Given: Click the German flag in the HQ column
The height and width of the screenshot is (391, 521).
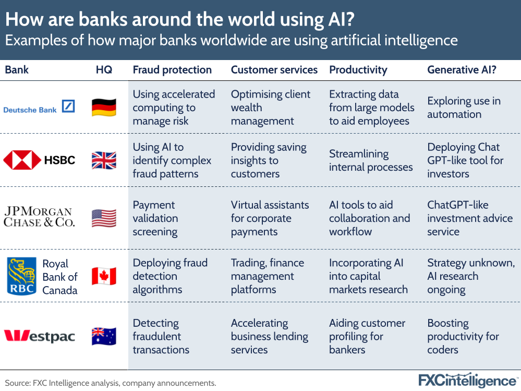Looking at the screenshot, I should pos(104,108).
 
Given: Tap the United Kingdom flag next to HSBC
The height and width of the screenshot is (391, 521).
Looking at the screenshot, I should pos(104,160).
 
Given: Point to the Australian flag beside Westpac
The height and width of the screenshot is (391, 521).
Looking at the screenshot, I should pos(104,336).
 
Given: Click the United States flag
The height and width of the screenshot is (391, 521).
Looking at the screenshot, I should pos(104,218).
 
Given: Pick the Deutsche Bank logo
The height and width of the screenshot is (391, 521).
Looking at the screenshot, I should pos(39,108).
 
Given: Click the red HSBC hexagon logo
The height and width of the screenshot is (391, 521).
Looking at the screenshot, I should pos(22,160).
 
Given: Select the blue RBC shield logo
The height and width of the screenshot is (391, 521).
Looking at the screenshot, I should pos(21,276).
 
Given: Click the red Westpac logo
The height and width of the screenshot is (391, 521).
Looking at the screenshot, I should pos(39,336).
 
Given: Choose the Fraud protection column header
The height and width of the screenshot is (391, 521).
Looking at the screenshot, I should pos(172,70).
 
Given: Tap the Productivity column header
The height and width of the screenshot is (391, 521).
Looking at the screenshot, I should pos(358,70).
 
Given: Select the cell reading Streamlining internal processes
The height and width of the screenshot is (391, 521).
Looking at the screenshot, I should pos(371,160).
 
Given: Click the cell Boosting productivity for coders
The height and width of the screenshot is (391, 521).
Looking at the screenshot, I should pos(463,336).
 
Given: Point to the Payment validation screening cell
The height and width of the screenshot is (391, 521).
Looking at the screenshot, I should pos(155,218).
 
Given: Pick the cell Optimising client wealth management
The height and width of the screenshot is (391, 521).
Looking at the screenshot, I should pos(270,108).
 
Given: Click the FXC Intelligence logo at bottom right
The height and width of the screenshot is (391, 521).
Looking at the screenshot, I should pos(467,381).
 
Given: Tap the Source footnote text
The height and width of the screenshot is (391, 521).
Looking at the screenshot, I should pos(111,383).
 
